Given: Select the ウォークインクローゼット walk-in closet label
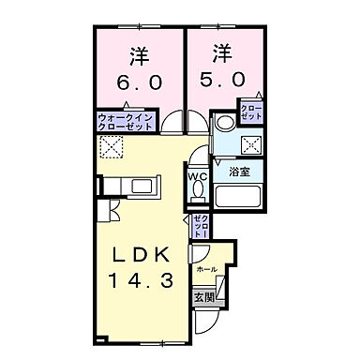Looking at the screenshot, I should (124, 120).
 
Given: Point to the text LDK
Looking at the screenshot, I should (141, 254).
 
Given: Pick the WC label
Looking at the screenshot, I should (198, 175).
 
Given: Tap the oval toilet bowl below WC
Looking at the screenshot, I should (198, 190).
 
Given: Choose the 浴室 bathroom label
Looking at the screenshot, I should (239, 172).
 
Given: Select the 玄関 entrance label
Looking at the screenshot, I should (203, 297).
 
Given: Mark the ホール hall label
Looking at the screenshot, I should (206, 269).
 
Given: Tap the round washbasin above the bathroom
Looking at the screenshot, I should (226, 122).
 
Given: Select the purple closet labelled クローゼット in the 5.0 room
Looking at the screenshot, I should (251, 113).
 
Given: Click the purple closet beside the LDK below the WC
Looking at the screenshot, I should (200, 226).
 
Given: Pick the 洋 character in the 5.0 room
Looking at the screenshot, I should (221, 52).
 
